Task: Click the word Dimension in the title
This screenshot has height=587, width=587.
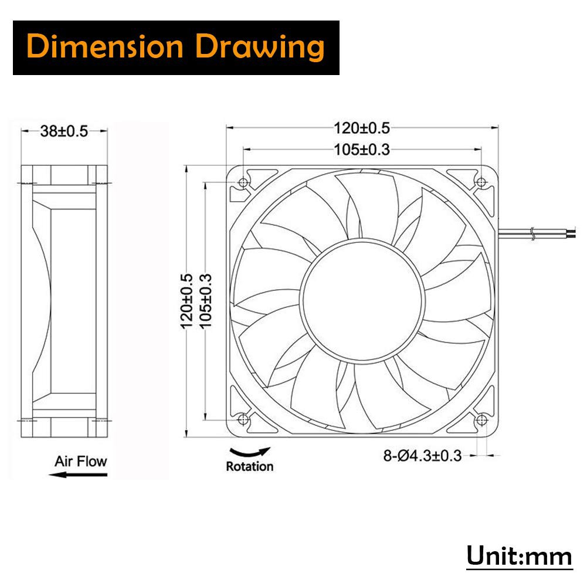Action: tap(106, 47)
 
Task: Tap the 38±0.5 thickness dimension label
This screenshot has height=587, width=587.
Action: tap(64, 131)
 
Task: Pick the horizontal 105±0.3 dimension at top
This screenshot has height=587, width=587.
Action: tap(362, 150)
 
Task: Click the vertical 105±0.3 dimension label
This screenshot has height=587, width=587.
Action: tap(206, 301)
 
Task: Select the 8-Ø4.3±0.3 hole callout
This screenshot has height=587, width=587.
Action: tap(422, 455)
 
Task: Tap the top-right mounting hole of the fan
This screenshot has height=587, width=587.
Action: tap(481, 182)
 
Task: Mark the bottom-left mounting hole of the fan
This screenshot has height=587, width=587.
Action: tap(243, 419)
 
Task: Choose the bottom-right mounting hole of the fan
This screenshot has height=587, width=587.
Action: tap(481, 419)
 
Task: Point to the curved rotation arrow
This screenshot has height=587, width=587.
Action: tap(250, 452)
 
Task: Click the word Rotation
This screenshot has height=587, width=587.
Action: tap(250, 467)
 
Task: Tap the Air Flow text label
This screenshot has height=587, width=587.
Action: tap(81, 461)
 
